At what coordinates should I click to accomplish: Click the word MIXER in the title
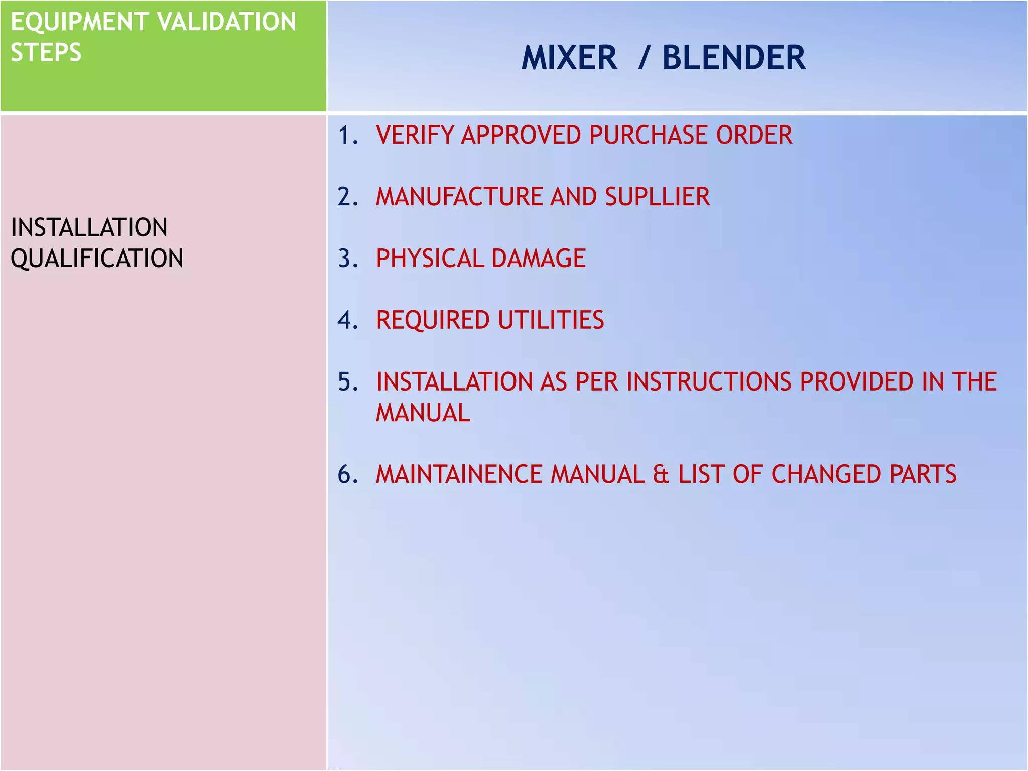tap(569, 58)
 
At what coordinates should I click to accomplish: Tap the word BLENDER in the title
tap(734, 58)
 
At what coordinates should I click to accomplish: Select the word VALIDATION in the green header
tap(226, 22)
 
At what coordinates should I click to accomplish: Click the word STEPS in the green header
tap(46, 53)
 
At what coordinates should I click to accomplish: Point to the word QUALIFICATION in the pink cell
tap(97, 259)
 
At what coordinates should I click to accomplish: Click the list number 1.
tap(347, 136)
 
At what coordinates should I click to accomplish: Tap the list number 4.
tap(347, 320)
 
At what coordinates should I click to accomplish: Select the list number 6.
tap(347, 475)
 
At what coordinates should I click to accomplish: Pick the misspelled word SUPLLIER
tap(657, 197)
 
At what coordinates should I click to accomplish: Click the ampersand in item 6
tap(661, 475)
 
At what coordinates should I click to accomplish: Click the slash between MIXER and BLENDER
tap(645, 58)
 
